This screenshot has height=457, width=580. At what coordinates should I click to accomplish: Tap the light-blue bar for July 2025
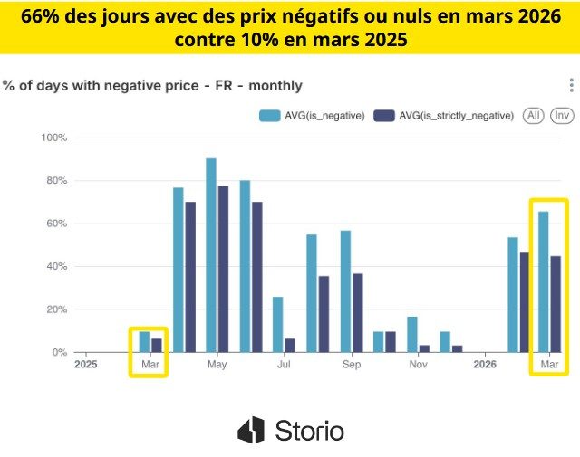(278, 324)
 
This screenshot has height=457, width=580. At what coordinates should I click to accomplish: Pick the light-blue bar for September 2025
(345, 291)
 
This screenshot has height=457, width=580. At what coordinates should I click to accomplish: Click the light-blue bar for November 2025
(412, 334)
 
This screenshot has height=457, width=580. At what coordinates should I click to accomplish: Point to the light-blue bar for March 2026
(544, 281)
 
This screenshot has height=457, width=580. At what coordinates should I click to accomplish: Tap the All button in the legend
(535, 115)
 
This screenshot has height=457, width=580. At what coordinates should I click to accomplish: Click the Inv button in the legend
(562, 115)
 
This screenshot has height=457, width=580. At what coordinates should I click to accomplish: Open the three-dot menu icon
(571, 85)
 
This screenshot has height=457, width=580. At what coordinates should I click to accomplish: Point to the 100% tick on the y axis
(54, 138)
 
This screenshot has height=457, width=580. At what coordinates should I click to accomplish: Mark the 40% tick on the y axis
(56, 266)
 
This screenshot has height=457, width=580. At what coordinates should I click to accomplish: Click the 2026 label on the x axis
(485, 365)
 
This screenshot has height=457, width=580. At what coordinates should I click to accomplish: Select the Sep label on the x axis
(352, 365)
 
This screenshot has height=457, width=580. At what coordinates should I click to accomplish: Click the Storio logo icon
(251, 430)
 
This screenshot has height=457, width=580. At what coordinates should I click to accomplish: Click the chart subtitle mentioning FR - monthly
(152, 86)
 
